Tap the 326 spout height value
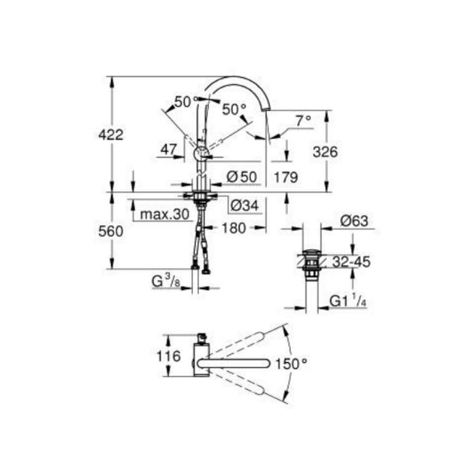[x=325, y=152]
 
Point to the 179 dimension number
[x=285, y=177]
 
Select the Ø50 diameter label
[x=241, y=177]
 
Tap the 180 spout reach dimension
[x=234, y=228]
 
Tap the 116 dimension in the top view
[x=169, y=356]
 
